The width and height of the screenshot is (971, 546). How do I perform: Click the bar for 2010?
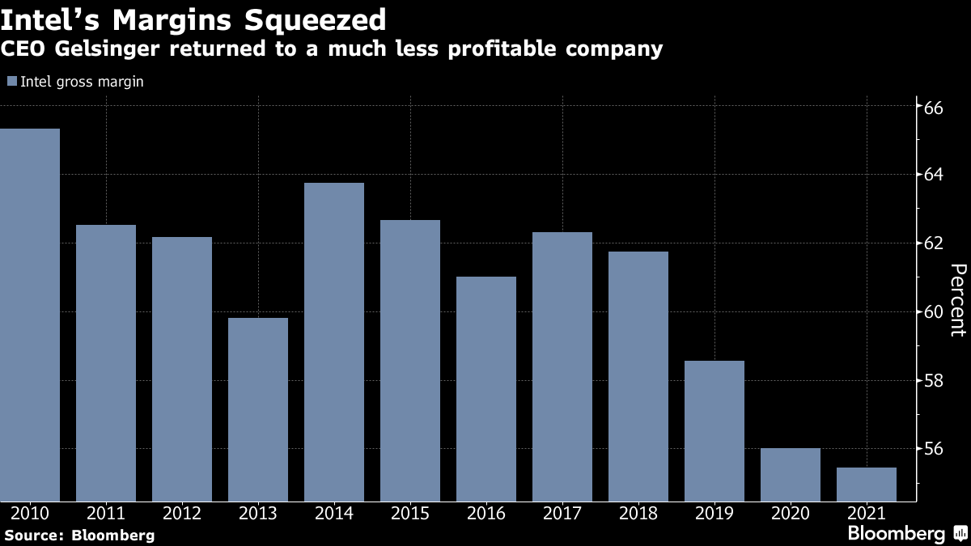point(30,315)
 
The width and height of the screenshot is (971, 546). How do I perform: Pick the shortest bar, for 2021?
point(867,485)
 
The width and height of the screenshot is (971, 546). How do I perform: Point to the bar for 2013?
point(258,409)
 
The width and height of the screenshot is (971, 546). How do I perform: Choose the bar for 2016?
point(486,389)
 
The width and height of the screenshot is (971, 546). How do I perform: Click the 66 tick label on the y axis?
point(932,107)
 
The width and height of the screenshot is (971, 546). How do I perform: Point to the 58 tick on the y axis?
point(932,380)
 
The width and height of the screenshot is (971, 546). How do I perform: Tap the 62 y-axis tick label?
point(932,243)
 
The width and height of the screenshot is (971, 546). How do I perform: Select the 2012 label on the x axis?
point(182,514)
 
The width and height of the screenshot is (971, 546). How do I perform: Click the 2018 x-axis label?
point(638,514)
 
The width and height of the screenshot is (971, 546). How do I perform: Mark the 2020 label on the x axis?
point(791,514)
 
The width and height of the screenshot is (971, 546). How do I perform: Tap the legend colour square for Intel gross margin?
point(11,82)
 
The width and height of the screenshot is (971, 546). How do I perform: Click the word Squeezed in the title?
point(310,19)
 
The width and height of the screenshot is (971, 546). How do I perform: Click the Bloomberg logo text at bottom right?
point(896,534)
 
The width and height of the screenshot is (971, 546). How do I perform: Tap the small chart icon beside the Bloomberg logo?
point(960,534)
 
